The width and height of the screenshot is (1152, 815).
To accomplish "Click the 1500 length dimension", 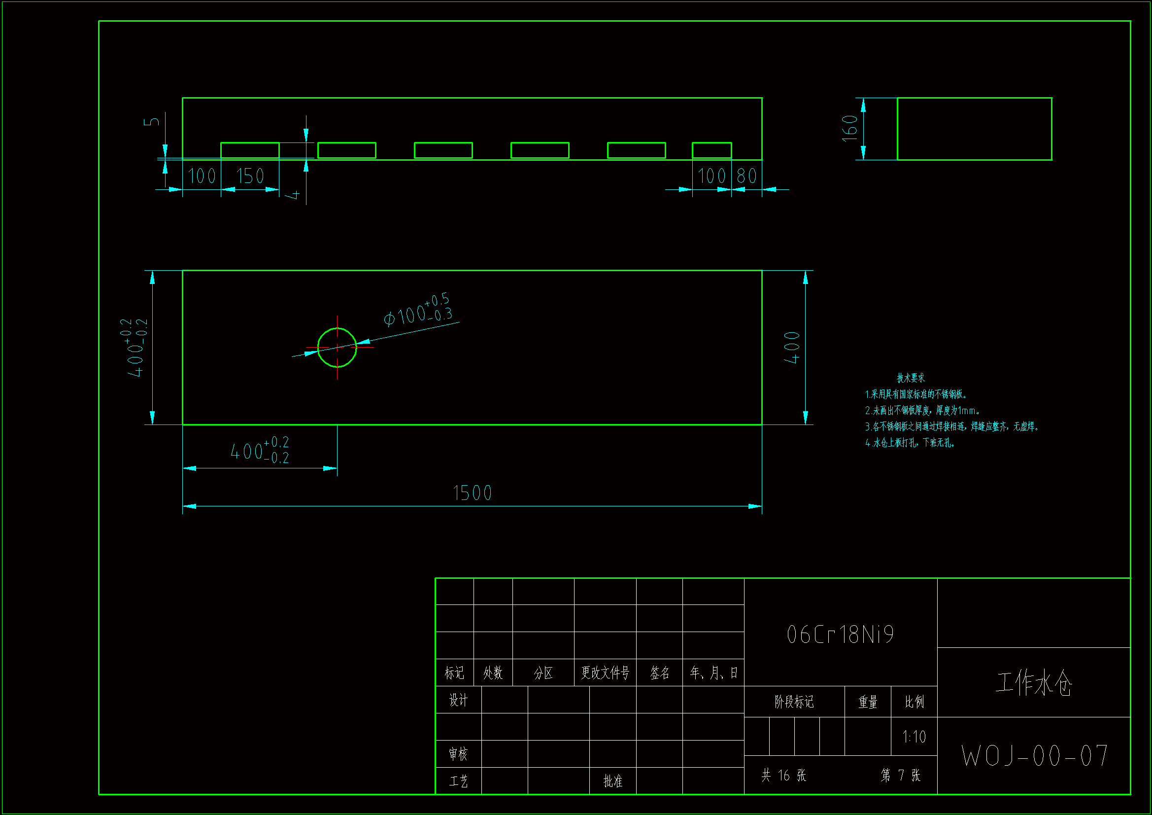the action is coord(472,493).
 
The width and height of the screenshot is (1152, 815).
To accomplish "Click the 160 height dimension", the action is coord(849,129).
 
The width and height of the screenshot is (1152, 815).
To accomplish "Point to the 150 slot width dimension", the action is coord(250,176).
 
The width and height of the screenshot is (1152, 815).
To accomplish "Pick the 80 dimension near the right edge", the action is coord(746,176).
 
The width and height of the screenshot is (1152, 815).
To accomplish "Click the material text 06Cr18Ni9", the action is coord(841,635).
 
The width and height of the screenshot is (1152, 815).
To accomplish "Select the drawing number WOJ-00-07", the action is coord(1035,756).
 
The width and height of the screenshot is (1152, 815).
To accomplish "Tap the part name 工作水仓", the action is coord(1034,683).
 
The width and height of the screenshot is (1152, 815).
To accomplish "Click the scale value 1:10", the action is coord(914,737).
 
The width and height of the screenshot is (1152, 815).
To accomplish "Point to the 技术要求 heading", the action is coord(910,378).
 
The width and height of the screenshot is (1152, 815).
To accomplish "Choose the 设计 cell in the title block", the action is coord(458,700).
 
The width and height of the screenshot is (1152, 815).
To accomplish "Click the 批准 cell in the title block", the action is coord(612,781).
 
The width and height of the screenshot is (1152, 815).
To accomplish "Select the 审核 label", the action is coord(458,754).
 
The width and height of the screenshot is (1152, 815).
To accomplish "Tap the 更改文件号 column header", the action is coord(605,673).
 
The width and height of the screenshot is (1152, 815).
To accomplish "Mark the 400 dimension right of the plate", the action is coord(792,348).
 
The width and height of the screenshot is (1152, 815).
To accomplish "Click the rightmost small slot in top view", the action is coord(712,150).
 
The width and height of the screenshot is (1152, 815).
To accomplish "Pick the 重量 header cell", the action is coord(868,702).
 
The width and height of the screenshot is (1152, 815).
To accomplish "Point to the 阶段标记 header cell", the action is coord(794,702).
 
